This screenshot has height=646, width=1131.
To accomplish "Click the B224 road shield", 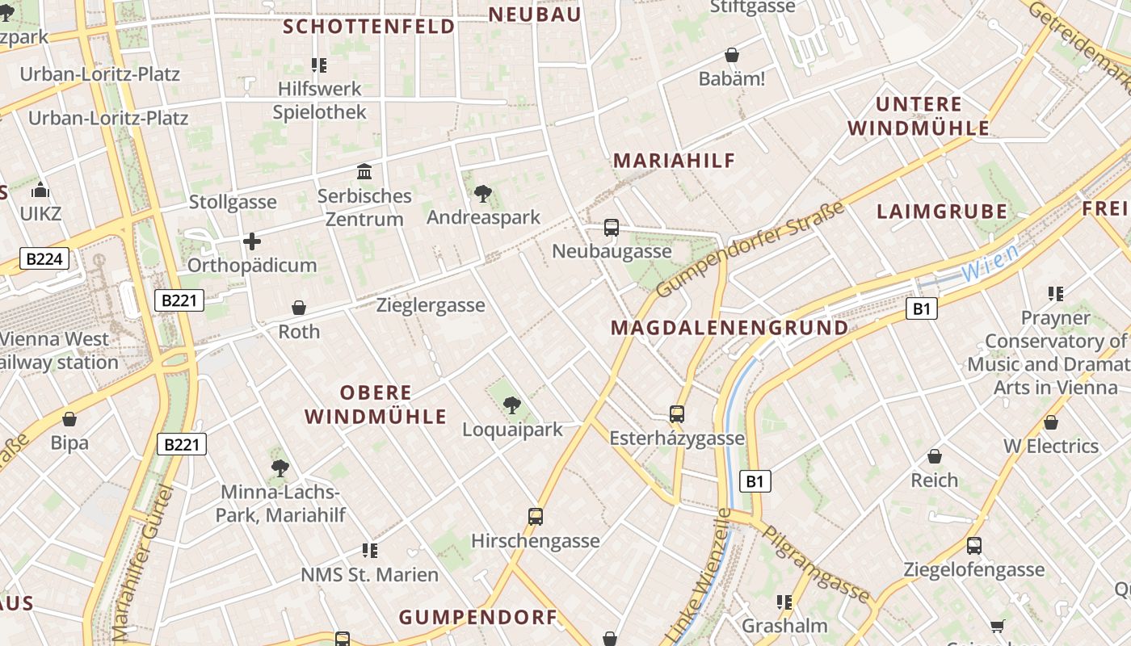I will (44, 259).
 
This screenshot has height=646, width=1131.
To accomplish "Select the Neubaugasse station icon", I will (612, 228).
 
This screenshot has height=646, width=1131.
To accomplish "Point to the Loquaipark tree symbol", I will (511, 405).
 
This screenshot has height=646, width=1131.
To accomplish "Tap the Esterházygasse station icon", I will (677, 414).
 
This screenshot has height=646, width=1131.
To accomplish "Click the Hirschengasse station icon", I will (535, 517).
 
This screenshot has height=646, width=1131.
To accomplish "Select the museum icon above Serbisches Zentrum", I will (364, 172).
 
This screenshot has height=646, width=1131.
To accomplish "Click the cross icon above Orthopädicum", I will (252, 241).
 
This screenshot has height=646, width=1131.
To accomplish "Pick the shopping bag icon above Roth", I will (299, 308).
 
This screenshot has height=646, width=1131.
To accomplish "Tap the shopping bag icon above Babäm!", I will (732, 55).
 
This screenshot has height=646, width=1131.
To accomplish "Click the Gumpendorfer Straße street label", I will (750, 249).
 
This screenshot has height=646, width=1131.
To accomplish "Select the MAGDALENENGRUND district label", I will (729, 328).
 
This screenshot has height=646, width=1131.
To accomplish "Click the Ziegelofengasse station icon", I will (974, 546).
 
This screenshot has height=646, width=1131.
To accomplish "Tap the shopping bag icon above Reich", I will (935, 456).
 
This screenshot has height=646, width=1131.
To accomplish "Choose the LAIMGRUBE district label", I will (942, 212).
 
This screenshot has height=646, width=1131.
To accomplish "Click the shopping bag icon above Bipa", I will (69, 419).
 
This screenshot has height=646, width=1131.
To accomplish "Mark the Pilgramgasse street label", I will (816, 566).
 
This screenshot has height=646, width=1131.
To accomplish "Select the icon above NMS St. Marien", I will (370, 551).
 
